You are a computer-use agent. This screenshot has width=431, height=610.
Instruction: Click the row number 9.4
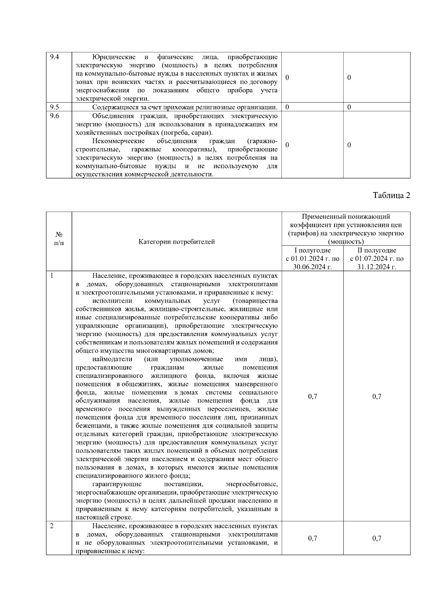click(54, 57)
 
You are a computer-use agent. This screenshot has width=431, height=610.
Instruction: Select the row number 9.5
click(54, 107)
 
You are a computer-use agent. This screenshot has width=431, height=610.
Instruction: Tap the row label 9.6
click(54, 116)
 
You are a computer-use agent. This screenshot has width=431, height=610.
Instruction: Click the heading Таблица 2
click(391, 195)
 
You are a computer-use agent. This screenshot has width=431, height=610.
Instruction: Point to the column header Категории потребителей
click(177, 242)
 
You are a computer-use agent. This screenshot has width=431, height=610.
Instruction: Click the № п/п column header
click(59, 238)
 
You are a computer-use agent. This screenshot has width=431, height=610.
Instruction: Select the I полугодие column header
click(312, 250)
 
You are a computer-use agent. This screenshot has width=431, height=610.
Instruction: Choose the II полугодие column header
click(377, 250)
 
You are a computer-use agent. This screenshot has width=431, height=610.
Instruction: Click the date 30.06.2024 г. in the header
click(312, 267)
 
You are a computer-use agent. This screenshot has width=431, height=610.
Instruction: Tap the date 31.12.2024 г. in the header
click(377, 267)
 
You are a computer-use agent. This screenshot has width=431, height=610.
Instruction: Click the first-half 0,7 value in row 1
click(312, 396)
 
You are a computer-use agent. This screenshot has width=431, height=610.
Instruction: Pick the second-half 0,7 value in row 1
click(377, 396)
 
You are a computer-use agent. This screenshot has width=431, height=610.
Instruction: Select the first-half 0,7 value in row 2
click(312, 538)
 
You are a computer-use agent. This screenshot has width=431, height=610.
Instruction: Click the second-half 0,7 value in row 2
click(377, 538)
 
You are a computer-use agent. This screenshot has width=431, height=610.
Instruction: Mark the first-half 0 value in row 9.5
click(287, 107)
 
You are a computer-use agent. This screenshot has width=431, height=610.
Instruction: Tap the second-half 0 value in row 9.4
click(349, 78)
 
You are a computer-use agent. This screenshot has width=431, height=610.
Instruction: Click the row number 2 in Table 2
click(52, 526)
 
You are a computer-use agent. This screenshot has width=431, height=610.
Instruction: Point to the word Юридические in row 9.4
click(114, 57)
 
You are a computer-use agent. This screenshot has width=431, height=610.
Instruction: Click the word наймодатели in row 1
click(112, 359)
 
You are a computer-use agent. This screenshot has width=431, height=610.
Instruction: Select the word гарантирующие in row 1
click(117, 484)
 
